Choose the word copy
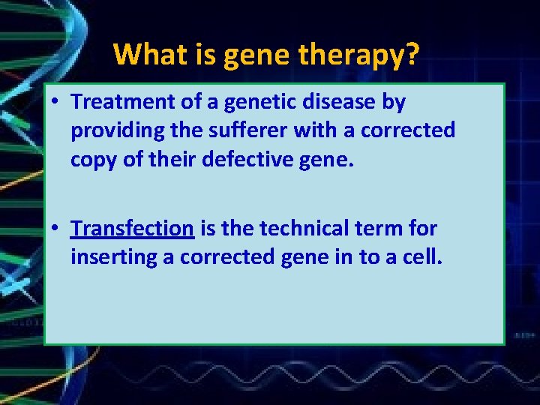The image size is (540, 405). (x=92, y=160)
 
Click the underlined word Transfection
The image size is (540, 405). (x=133, y=228)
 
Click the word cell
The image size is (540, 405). (x=425, y=256)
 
